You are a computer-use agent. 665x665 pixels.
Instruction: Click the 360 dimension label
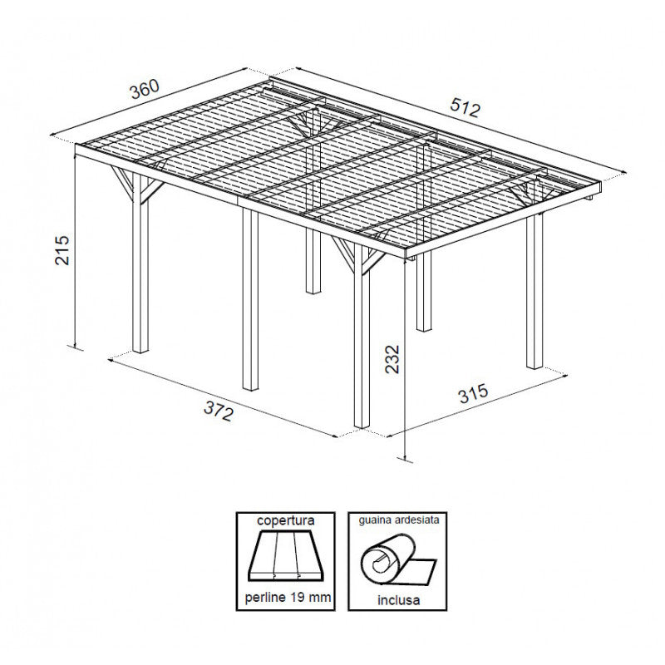[143, 87]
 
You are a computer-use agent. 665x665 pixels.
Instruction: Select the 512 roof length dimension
[466, 106]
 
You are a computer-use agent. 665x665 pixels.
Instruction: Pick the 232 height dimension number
[393, 359]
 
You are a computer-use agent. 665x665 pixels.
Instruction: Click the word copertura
[285, 520]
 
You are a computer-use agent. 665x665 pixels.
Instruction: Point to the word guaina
[375, 520]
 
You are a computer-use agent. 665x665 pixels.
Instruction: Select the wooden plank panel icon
[285, 558]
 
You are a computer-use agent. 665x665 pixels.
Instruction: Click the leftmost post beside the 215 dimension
[140, 274]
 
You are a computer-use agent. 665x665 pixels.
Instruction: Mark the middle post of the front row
[250, 299]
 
